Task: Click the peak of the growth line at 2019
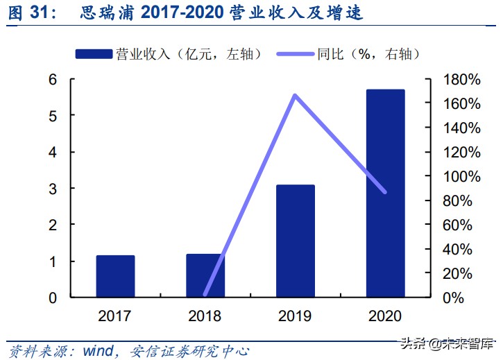pos(295,95)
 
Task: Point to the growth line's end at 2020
pos(386,191)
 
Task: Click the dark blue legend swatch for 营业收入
pos(94,53)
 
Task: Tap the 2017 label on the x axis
pos(115,316)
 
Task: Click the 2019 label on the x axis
pos(296,316)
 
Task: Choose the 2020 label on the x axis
pos(386,316)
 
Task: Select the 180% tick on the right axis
pos(461,79)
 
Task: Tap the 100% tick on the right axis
pos(461,176)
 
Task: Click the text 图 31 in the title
pos(26,12)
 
